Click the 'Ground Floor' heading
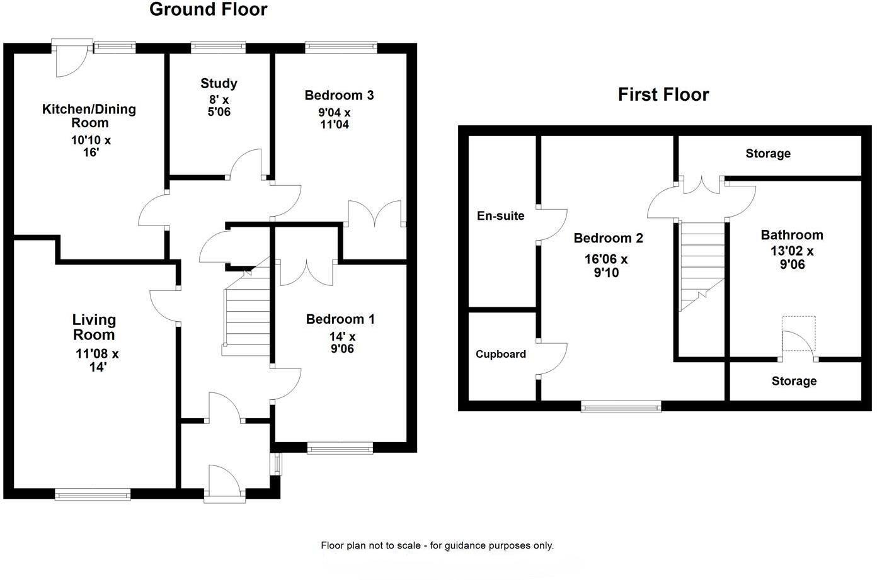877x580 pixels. tap(208, 10)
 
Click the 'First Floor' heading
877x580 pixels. tap(663, 94)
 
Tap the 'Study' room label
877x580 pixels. tap(219, 83)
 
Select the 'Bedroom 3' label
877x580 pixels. tap(338, 95)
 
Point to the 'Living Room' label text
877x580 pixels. tap(94, 327)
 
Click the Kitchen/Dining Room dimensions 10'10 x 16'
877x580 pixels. tap(91, 146)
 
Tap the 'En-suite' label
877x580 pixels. tap(500, 216)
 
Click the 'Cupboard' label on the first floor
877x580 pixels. tap(500, 354)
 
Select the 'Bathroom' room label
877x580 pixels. tap(791, 235)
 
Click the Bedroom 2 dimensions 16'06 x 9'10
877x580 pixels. tap(605, 266)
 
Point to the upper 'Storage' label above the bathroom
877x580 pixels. tap(767, 154)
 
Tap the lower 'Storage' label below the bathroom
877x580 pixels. tap(793, 381)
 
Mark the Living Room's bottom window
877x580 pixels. tap(93, 494)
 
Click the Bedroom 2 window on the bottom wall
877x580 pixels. tap(621, 407)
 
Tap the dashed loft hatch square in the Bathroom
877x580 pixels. tap(798, 334)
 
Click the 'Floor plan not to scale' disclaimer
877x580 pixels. tap(437, 545)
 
